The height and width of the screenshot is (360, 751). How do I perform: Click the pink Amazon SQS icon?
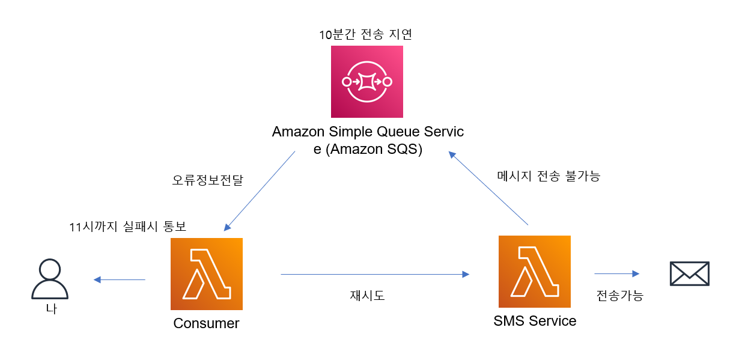click(366, 81)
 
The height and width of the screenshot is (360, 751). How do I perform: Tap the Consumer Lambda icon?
click(206, 273)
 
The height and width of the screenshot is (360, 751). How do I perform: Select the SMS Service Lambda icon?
click(534, 272)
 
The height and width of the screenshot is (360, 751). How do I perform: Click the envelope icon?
click(689, 273)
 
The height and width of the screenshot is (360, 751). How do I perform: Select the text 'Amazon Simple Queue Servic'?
click(368, 132)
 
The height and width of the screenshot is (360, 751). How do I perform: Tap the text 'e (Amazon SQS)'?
click(368, 150)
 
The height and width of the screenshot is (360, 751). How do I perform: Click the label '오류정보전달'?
click(207, 180)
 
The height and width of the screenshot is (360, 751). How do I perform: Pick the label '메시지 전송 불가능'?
click(549, 176)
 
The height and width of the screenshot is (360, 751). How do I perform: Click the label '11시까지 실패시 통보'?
click(128, 227)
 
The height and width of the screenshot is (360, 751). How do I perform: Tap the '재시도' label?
click(367, 295)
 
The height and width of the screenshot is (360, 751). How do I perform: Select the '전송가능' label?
click(619, 296)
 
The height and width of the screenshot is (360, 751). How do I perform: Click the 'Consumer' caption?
click(206, 323)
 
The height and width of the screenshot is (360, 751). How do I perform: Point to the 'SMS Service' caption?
click(535, 321)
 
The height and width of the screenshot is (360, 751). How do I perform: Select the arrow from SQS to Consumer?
click(260, 191)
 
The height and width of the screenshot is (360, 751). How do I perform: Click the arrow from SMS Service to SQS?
click(489, 188)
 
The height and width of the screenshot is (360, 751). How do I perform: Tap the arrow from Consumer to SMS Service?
click(374, 275)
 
